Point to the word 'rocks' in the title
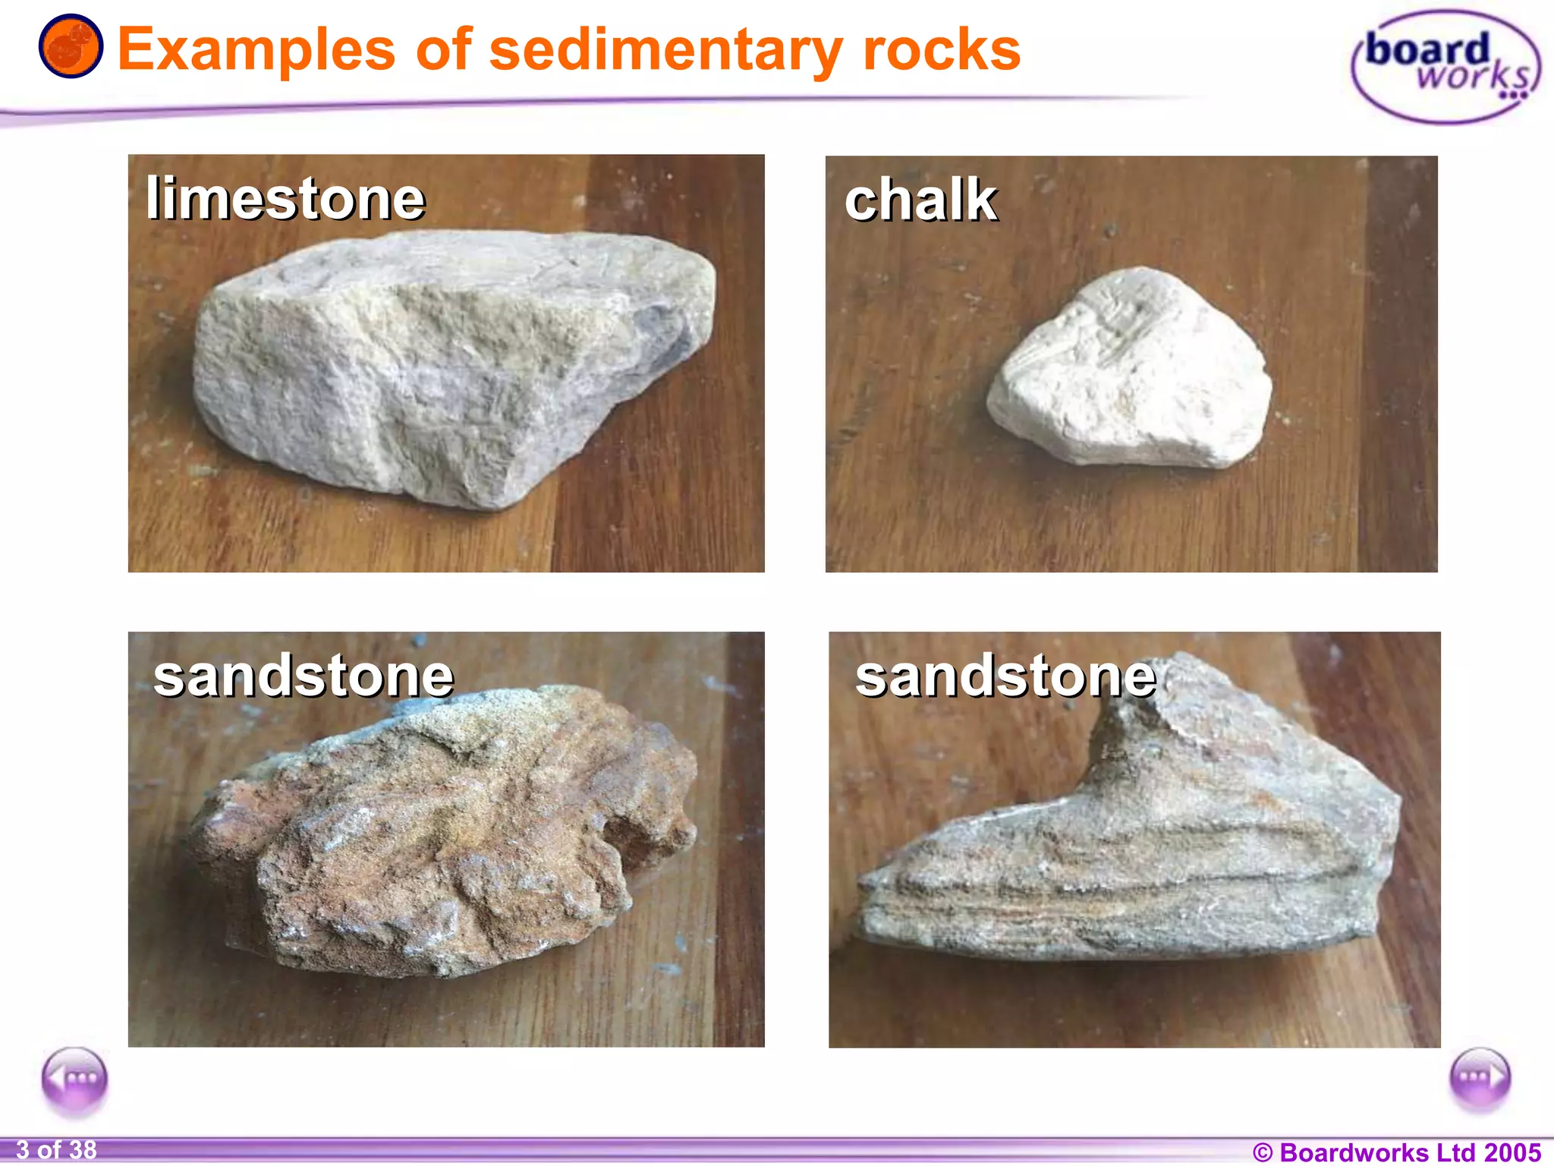click(942, 50)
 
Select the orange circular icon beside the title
click(71, 46)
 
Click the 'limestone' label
click(285, 199)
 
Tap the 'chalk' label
click(920, 200)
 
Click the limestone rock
click(448, 364)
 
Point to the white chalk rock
click(1131, 372)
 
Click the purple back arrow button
click(74, 1079)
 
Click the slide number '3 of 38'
click(56, 1150)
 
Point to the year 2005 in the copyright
click(1512, 1152)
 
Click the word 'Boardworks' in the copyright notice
click(1354, 1152)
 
